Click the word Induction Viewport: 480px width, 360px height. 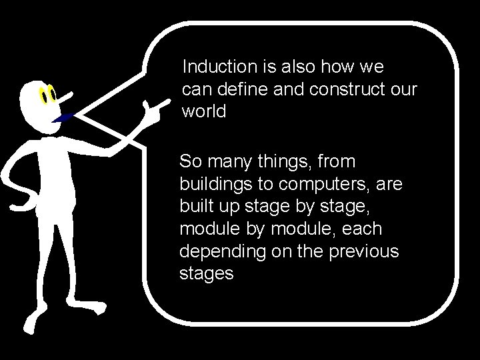(x=215, y=67)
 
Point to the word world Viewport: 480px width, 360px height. (x=203, y=111)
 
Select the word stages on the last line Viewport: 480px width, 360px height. (x=206, y=273)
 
